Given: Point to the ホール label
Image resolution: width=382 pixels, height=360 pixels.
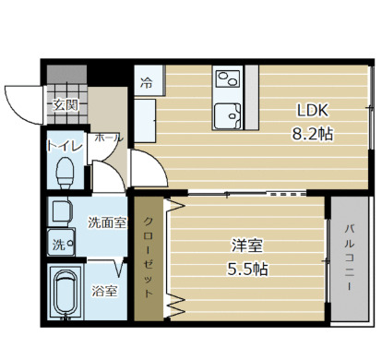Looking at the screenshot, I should point(108,138).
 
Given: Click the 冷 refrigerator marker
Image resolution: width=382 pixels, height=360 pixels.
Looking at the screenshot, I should point(147,82).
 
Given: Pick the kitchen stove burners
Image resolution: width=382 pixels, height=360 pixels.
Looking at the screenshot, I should point(226,78).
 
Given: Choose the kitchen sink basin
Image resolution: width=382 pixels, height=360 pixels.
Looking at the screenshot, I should point(227,115).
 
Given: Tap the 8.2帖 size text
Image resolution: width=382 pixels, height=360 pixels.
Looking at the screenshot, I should point(313,133).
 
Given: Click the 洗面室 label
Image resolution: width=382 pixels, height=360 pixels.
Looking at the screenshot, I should point(106,222).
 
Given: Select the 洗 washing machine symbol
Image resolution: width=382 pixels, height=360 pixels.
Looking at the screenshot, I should point(58,246).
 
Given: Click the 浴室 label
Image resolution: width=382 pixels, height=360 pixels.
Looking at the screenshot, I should point(104,292).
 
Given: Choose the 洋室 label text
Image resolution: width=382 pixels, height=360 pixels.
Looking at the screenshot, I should point(246,246).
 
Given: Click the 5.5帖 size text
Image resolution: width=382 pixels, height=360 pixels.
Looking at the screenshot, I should point(246,270).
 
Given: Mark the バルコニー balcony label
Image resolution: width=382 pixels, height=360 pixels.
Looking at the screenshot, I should point(350,258).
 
